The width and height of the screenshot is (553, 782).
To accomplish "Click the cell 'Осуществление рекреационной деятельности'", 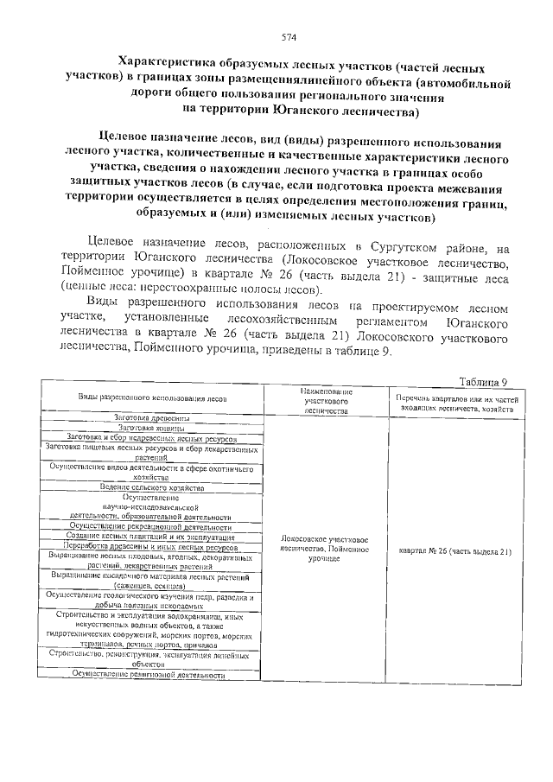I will tap(152, 526).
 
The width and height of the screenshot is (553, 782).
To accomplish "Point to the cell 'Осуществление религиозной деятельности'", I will tap(152, 675).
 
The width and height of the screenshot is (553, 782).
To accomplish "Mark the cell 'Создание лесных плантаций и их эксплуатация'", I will tap(152, 537).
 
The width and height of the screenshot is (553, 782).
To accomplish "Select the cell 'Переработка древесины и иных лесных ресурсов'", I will tap(152, 547).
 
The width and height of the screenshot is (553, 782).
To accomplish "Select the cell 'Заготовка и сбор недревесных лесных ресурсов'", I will tap(152, 439).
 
